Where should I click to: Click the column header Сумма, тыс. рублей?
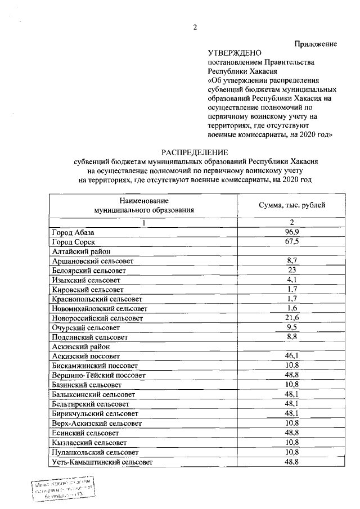291,205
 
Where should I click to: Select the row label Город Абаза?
73,232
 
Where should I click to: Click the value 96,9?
291,232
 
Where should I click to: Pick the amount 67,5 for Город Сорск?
291,241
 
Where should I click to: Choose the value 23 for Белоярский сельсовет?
291,270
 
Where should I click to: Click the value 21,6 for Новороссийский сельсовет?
291,318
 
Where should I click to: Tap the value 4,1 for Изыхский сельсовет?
291,280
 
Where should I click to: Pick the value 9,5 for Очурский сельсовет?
291,327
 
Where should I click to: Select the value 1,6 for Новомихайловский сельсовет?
291,308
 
